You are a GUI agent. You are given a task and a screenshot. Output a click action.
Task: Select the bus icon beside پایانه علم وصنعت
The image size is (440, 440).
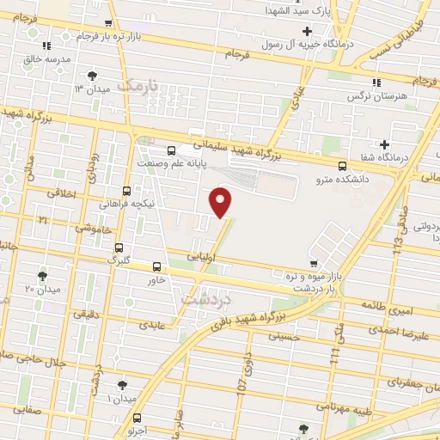[x=172, y=150]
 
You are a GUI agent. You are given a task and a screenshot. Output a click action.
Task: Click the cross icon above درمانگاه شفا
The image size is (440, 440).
[x=384, y=144]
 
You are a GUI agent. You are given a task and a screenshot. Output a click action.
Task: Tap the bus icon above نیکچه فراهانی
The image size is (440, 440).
[x=127, y=191]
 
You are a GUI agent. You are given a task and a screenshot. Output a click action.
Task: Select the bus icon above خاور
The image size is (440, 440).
[x=156, y=266]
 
